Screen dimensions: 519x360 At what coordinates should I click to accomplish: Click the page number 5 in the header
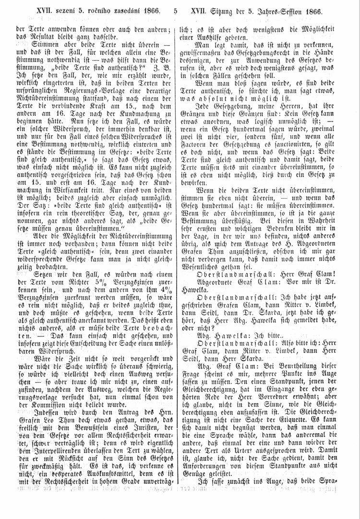coord(176,11)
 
